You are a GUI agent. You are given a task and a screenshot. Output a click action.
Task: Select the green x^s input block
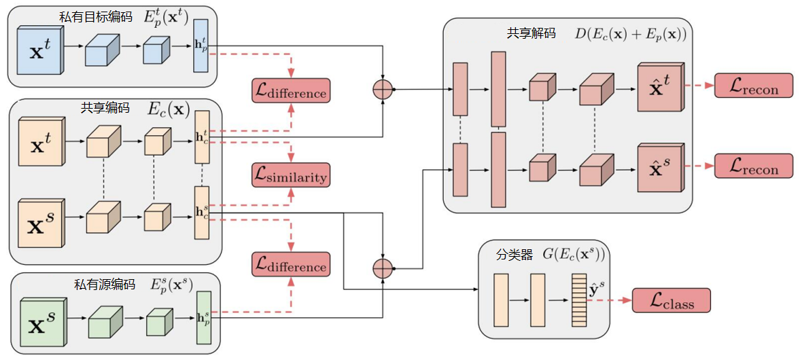point(44,322)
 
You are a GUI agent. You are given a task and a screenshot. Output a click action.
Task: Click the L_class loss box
point(672,300)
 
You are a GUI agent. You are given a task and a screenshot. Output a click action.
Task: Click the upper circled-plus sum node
point(383,90)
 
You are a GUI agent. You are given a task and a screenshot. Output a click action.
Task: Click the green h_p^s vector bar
point(204,318)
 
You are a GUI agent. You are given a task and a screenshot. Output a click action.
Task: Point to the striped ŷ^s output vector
point(578,300)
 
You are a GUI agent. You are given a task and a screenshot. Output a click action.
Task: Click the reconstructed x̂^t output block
point(661,88)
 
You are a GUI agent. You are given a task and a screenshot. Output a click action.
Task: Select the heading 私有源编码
point(105,285)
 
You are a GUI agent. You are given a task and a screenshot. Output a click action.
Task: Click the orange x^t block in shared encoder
point(41,141)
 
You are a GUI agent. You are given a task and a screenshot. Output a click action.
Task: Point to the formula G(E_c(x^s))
point(572,254)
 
